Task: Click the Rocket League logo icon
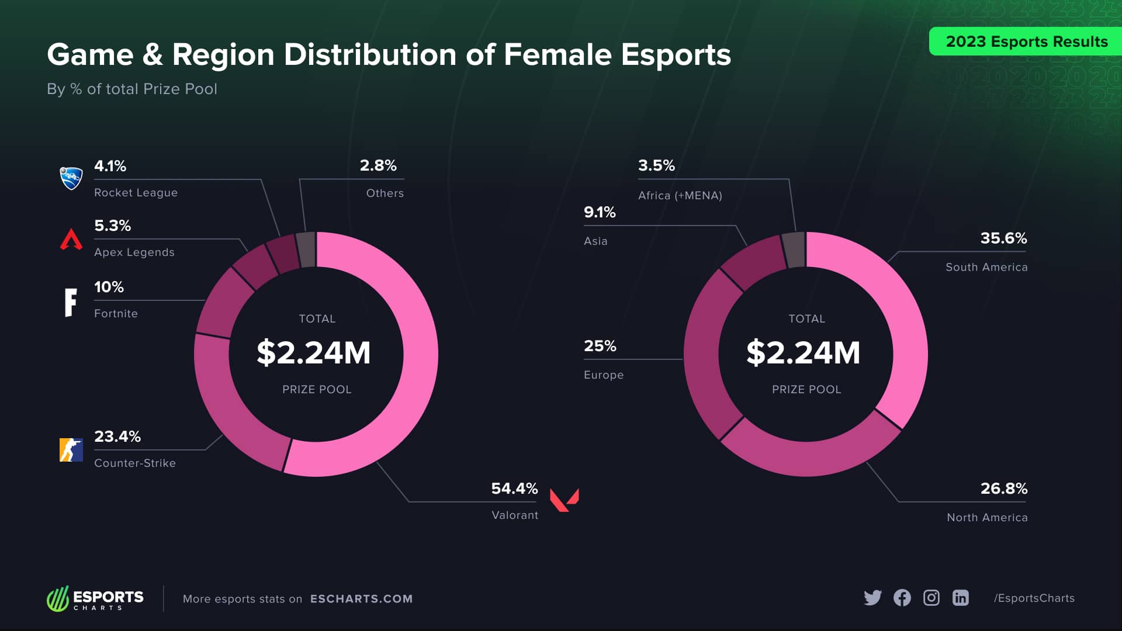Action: point(71,178)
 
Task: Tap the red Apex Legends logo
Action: point(71,240)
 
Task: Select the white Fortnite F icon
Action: point(71,302)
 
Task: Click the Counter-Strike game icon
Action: point(71,450)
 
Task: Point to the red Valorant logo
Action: point(564,500)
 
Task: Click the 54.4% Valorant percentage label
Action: point(514,488)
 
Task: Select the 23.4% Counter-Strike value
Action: point(117,436)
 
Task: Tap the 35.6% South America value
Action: point(1003,238)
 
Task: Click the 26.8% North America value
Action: point(1003,488)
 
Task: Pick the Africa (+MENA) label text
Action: point(680,196)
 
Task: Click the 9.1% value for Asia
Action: point(600,212)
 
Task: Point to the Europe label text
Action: point(604,375)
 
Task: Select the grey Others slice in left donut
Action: point(306,249)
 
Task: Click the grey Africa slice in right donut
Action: point(794,249)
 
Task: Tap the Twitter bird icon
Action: point(872,598)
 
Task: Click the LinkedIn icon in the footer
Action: point(961,598)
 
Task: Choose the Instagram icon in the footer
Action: point(931,598)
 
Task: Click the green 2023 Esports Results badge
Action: point(1026,41)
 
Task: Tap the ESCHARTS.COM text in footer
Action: point(361,599)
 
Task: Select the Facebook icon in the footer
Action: point(902,598)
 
